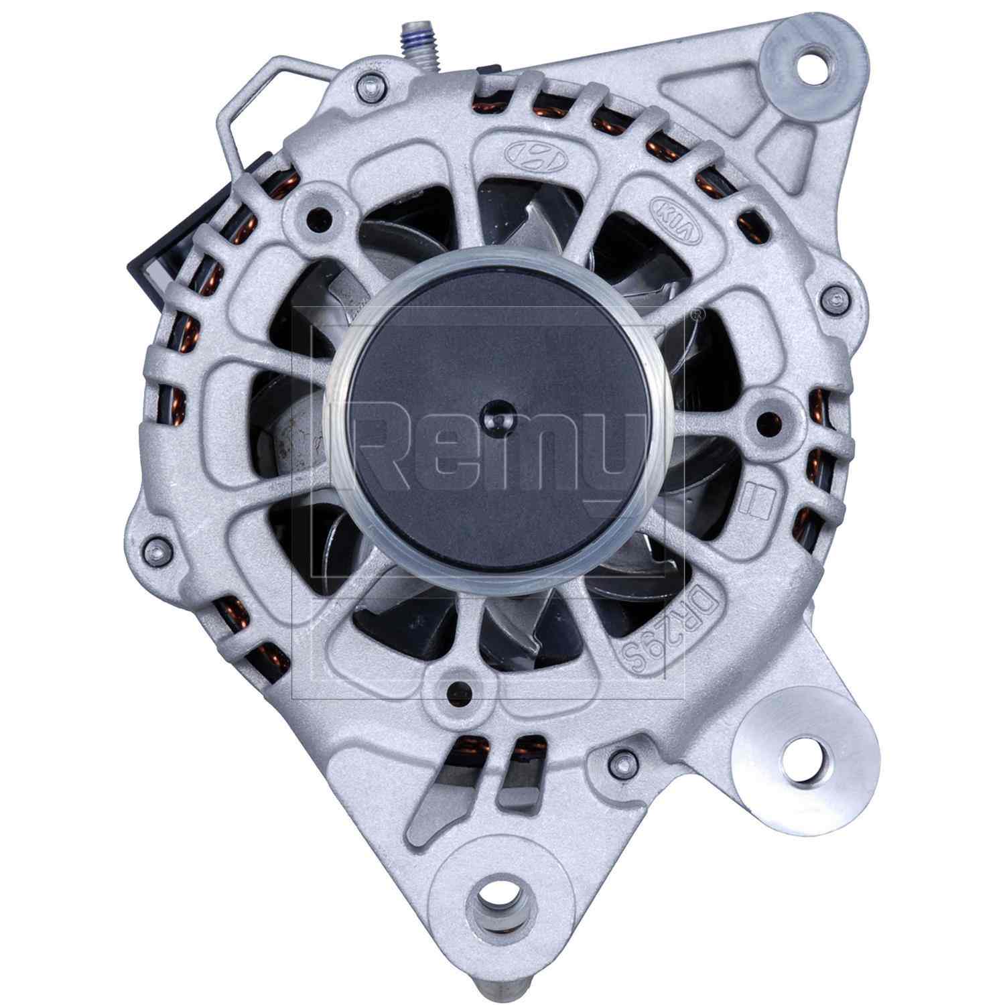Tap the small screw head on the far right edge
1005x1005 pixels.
click(834, 299)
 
